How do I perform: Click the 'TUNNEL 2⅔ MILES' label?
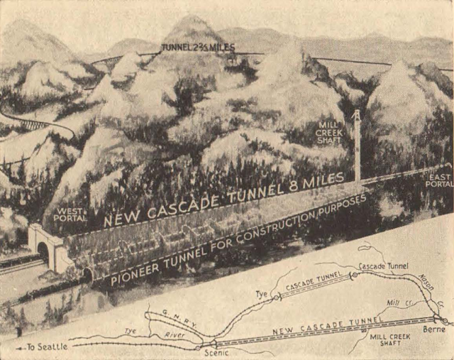198,48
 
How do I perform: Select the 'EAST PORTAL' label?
438,179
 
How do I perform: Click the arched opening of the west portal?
43,252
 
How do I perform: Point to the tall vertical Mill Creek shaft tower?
357,146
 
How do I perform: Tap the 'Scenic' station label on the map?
211,351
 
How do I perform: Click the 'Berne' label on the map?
435,330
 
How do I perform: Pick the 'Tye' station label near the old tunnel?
260,293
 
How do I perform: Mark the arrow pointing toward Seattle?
20,348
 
